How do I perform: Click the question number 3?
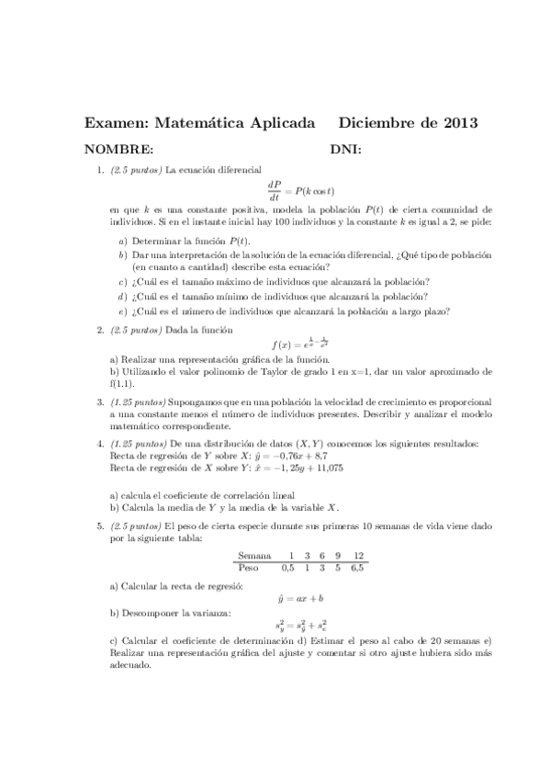point(100,401)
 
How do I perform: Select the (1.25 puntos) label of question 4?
point(136,443)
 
